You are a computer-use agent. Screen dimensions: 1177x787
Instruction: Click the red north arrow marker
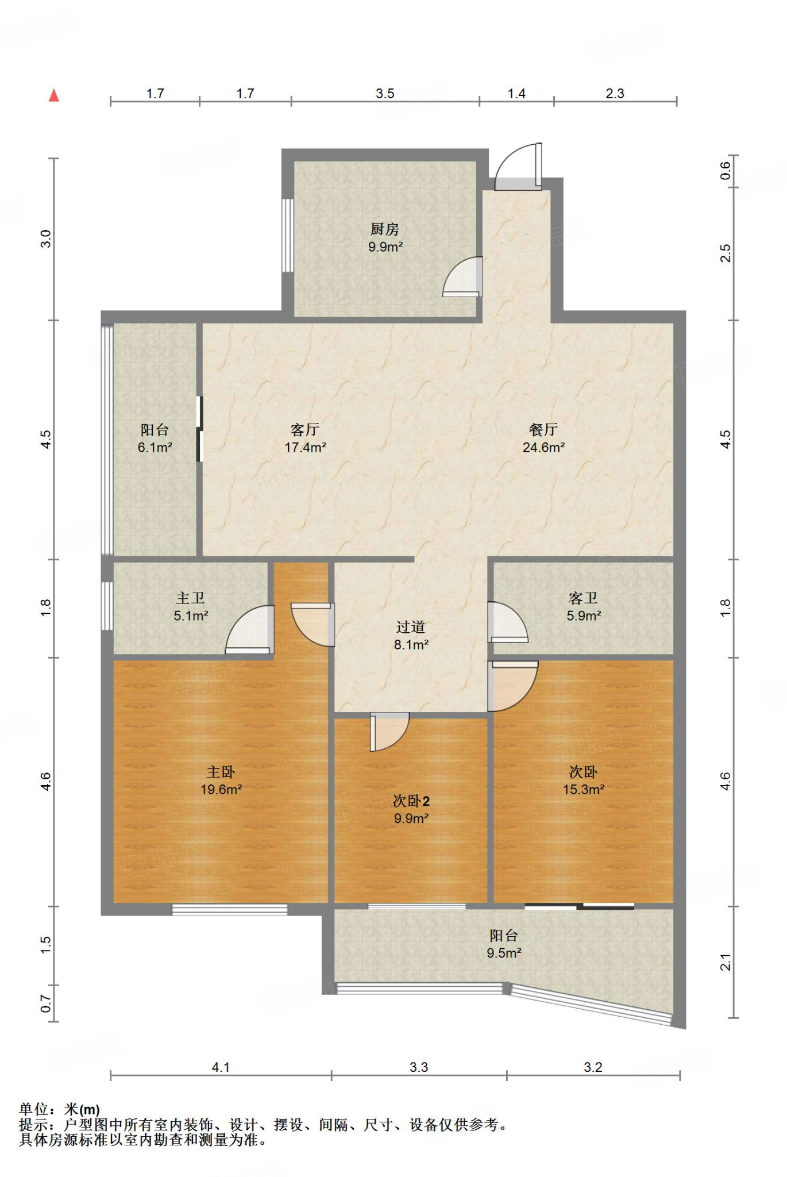[x=54, y=95]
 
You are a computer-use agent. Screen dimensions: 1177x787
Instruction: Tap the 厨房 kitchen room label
[x=384, y=229]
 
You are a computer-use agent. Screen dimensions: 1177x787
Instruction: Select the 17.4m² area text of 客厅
[x=306, y=448]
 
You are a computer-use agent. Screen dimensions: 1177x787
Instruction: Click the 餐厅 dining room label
[x=543, y=430]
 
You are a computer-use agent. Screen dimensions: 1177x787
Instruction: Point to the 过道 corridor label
[x=411, y=628]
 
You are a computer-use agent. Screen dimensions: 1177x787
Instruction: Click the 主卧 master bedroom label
[x=221, y=772]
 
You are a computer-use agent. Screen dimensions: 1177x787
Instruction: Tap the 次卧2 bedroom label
[x=411, y=801]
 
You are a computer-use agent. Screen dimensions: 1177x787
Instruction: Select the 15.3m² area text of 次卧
[x=583, y=790]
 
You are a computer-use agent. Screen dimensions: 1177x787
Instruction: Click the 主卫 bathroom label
[x=191, y=598]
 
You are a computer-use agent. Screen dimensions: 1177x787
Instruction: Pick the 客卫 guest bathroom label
[x=583, y=598]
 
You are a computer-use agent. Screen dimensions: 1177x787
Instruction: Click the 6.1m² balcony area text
[x=155, y=448]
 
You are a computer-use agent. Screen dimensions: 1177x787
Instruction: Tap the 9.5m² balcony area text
[x=504, y=953]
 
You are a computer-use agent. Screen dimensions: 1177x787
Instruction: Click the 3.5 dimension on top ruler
[x=385, y=93]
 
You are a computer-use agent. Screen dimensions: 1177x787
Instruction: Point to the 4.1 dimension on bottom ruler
[x=221, y=1067]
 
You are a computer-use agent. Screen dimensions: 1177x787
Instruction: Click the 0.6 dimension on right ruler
[x=726, y=170]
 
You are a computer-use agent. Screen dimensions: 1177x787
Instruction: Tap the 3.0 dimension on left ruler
[x=46, y=239]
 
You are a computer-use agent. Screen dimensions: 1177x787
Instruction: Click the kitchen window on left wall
[x=288, y=236]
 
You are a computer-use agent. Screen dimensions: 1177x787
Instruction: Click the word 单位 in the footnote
[x=34, y=1109]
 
